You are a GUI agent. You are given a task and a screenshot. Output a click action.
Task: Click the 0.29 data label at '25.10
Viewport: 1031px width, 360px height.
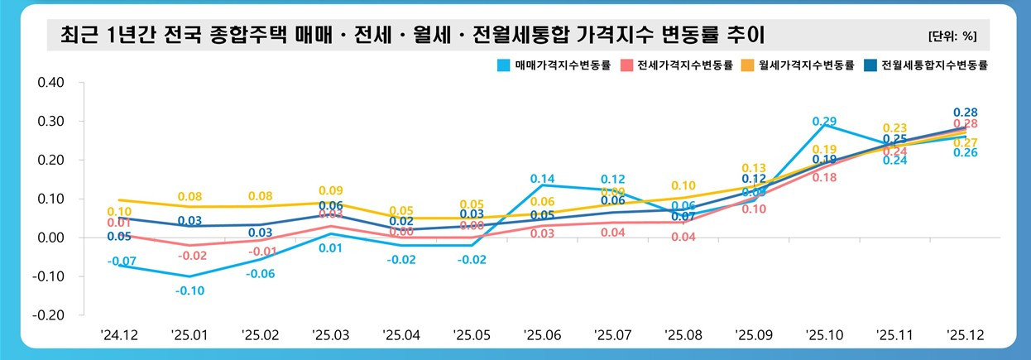point(824,122)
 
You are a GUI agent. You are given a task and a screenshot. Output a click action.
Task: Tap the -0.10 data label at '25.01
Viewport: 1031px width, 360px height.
point(189,290)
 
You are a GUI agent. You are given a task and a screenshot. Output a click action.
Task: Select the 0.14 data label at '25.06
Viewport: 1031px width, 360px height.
point(542,179)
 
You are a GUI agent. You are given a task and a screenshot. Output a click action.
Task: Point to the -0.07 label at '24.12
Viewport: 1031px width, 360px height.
point(121,262)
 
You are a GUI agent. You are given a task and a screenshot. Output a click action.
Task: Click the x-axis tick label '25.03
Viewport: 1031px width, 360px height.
point(330,335)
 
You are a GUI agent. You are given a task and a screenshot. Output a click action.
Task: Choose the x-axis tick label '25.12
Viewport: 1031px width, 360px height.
point(964,335)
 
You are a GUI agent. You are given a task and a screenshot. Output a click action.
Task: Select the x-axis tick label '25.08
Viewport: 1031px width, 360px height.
point(683,335)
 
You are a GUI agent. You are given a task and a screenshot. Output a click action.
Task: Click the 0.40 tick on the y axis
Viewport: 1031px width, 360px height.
point(51,83)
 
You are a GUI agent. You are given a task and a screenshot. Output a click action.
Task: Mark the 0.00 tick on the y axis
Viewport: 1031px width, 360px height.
point(51,238)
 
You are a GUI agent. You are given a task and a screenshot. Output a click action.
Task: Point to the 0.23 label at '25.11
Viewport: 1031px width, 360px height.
point(894,127)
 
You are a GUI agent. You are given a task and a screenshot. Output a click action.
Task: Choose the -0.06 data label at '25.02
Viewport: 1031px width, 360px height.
point(260,274)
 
